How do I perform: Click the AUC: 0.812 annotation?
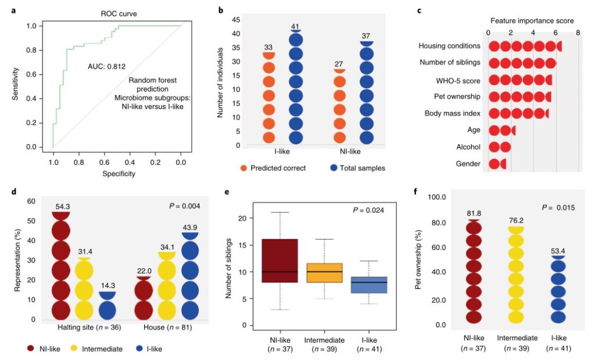[x=107, y=66]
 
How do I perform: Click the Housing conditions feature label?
[x=450, y=45]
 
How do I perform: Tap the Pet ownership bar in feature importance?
[x=519, y=96]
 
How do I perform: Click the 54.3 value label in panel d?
[x=62, y=206]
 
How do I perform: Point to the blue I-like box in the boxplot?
[x=370, y=285]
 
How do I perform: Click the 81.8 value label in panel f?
[x=475, y=213]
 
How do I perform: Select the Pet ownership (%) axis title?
[x=418, y=260]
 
